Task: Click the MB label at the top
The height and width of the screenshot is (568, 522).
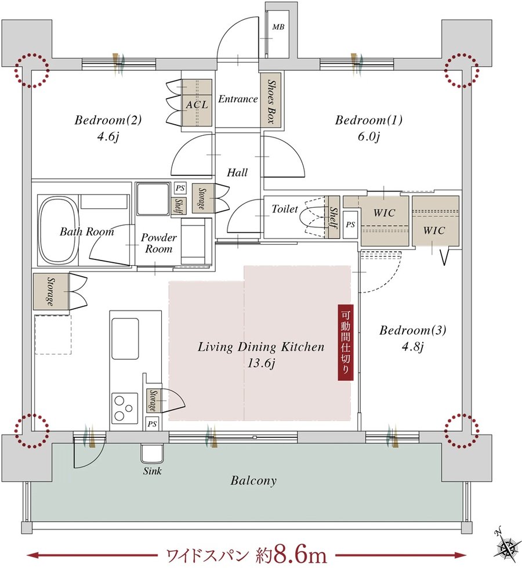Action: [x=278, y=27]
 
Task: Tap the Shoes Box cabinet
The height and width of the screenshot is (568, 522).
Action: [x=271, y=99]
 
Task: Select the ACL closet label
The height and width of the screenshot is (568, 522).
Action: [x=197, y=104]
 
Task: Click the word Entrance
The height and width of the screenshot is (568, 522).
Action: [x=238, y=99]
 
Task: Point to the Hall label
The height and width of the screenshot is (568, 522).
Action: [x=237, y=172]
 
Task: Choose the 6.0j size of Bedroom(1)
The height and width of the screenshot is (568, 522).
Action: [x=368, y=138]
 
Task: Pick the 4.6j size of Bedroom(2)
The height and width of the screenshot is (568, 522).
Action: [x=108, y=138]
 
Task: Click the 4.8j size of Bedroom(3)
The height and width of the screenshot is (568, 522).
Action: [x=412, y=347]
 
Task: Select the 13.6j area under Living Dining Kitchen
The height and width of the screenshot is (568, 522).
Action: [x=261, y=363]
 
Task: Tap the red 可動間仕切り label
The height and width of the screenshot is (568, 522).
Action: [x=346, y=342]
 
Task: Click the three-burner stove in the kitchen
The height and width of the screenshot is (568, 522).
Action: [x=125, y=408]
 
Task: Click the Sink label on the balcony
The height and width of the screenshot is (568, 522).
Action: [x=152, y=471]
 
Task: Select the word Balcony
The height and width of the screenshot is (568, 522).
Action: [x=253, y=481]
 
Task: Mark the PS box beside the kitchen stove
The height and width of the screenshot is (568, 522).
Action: [x=152, y=424]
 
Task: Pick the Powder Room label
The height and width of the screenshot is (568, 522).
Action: [x=159, y=243]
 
